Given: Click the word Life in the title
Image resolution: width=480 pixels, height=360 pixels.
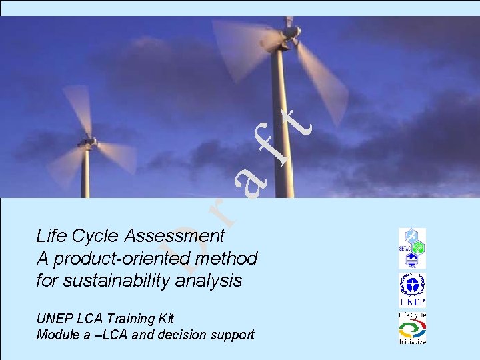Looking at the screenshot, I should coord(51,236).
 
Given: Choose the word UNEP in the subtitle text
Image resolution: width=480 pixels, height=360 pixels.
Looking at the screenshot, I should coord(52,319).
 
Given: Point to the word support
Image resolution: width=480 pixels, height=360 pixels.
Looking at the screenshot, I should coord(233,335).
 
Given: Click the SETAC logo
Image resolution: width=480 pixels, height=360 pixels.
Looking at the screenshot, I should coord(412,247).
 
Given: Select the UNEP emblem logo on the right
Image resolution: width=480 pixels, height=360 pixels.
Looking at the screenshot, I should coord(412,289).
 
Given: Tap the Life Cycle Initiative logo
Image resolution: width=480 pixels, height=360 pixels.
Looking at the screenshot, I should coord(412,328).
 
